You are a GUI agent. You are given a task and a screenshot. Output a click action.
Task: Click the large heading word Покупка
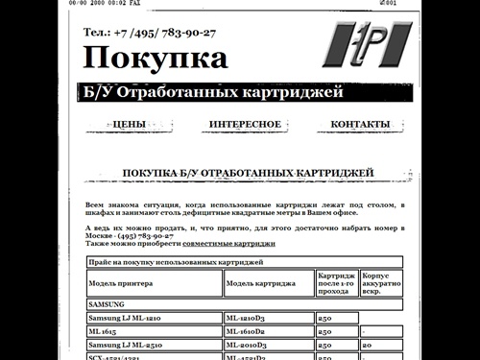pyautogui.click(x=156, y=59)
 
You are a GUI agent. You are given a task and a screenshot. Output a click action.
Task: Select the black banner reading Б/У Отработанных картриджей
pyautogui.click(x=211, y=95)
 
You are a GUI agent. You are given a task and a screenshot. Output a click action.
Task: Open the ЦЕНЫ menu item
pyautogui.click(x=129, y=125)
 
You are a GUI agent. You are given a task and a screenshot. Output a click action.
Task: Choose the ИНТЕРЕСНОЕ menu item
pyautogui.click(x=245, y=125)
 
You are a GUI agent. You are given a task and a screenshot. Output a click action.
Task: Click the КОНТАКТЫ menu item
pyautogui.click(x=360, y=125)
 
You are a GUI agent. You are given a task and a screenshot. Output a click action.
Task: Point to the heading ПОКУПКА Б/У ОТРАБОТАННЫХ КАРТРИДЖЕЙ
pyautogui.click(x=248, y=173)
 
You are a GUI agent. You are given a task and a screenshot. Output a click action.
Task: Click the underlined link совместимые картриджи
pyautogui.click(x=228, y=244)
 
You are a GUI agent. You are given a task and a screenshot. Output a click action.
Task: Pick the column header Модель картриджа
pyautogui.click(x=261, y=283)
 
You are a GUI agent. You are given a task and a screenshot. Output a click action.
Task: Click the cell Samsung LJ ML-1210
pyautogui.click(x=124, y=317)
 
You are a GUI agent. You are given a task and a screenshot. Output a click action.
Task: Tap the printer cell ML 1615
pyautogui.click(x=104, y=330)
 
